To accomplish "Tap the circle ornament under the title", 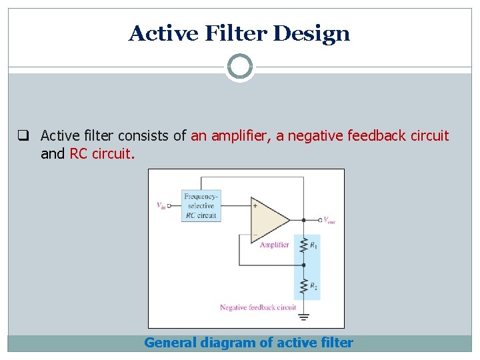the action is (x=240, y=67).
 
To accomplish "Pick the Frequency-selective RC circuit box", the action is (x=201, y=206).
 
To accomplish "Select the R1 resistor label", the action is (x=313, y=245).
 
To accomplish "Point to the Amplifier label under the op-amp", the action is (x=274, y=245).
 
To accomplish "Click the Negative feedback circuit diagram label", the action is (x=258, y=307).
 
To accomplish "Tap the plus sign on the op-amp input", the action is (x=255, y=206).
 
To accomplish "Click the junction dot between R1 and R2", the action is (x=304, y=265).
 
